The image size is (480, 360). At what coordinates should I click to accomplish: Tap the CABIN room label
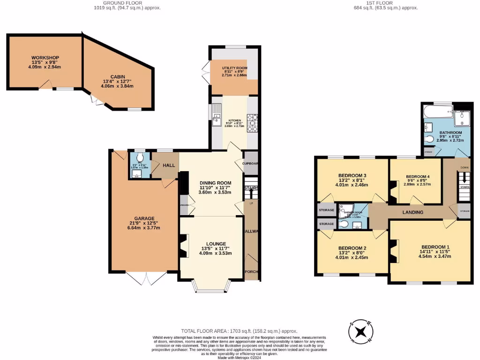click(x=117, y=77)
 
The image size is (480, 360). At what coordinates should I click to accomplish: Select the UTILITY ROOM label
click(x=234, y=68)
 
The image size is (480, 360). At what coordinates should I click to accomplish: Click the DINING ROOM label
click(x=216, y=183)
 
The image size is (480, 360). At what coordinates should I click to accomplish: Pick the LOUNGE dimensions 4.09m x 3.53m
click(x=215, y=254)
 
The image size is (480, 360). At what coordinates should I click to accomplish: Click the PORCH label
click(x=252, y=272)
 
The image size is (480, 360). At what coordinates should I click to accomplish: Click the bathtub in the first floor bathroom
click(x=437, y=112)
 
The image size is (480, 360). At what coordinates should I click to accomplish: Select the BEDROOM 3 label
click(x=352, y=176)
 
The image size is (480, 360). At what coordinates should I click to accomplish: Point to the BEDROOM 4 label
click(x=418, y=176)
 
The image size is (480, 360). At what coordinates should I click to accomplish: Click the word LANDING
click(x=412, y=212)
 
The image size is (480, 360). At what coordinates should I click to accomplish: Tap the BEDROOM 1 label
click(x=435, y=247)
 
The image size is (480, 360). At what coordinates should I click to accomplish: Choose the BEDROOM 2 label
click(x=352, y=248)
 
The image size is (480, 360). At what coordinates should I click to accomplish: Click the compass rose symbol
click(x=360, y=332)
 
